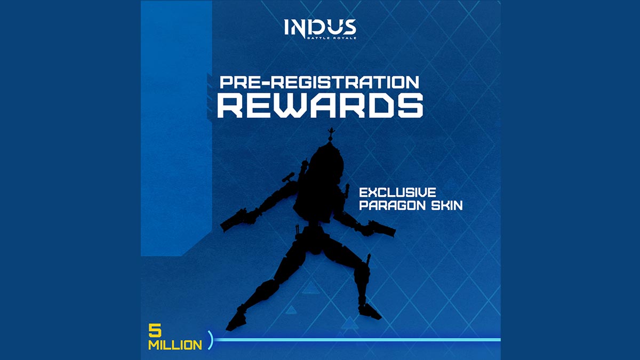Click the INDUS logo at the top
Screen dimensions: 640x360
pyautogui.click(x=321, y=29)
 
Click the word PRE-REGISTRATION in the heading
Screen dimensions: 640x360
pyautogui.click(x=319, y=83)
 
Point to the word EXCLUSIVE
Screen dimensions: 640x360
pyautogui.click(x=397, y=193)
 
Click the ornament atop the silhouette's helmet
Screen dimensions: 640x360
pyautogui.click(x=331, y=135)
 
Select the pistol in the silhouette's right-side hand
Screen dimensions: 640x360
pyautogui.click(x=379, y=228)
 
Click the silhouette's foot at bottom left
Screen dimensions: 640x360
pyautogui.click(x=236, y=320)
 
